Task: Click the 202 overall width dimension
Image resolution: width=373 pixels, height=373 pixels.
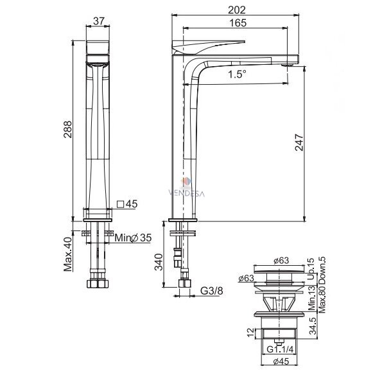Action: (x=237, y=10)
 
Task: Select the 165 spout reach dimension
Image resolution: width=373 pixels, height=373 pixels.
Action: (x=238, y=23)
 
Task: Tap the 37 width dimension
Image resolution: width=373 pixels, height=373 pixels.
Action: (x=98, y=21)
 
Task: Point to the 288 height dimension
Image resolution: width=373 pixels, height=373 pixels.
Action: (x=67, y=130)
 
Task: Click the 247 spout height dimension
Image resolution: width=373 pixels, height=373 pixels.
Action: (x=299, y=143)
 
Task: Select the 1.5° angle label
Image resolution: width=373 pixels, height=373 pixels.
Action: (x=237, y=74)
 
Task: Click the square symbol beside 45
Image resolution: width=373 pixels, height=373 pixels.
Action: (x=121, y=204)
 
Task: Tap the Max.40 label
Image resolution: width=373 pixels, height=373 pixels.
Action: (x=68, y=254)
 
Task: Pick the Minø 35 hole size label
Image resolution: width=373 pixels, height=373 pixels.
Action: (x=133, y=238)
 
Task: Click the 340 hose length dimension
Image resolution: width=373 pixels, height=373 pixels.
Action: (x=159, y=262)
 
